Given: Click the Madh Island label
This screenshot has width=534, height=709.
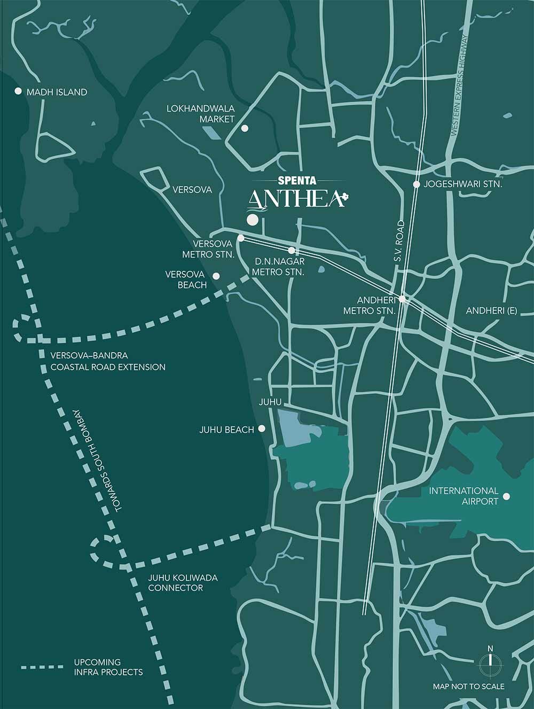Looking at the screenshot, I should (x=57, y=92).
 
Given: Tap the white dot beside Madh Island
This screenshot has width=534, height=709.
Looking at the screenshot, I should (x=18, y=91).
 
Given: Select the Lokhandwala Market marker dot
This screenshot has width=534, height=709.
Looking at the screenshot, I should (x=245, y=128).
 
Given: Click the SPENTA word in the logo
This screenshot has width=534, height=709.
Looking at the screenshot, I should (x=298, y=181).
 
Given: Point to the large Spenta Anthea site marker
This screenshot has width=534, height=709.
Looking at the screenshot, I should (x=252, y=220).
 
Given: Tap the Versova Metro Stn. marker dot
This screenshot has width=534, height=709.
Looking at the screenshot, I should (x=241, y=238).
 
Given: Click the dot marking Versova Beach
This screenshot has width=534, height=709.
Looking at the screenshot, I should (x=216, y=276).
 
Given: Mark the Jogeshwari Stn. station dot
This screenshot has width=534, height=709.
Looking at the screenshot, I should (x=417, y=184).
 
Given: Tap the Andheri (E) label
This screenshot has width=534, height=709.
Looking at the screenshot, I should (x=491, y=310).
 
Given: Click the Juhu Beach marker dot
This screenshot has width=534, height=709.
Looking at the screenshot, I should (x=262, y=428).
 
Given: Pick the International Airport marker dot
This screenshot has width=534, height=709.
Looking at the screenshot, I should (x=506, y=496).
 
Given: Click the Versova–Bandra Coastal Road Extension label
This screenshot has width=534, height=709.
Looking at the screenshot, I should (x=108, y=361).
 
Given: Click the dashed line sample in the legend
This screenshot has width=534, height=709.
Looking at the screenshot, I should (x=42, y=667).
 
